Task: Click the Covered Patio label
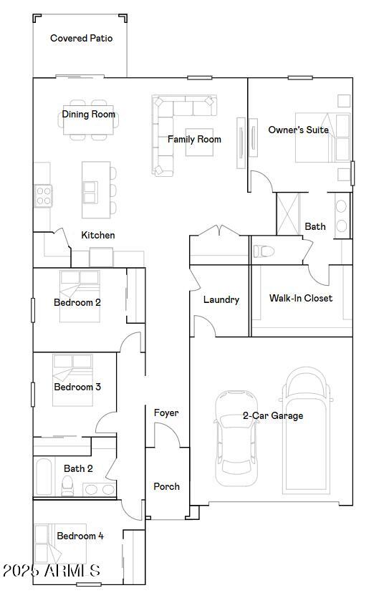pyautogui.click(x=81, y=38)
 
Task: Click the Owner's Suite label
pyautogui.click(x=298, y=130)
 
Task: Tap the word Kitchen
pyautogui.click(x=97, y=235)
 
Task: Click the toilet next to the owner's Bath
pyautogui.click(x=263, y=251)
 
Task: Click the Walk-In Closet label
pyautogui.click(x=300, y=298)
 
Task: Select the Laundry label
pyautogui.click(x=221, y=299)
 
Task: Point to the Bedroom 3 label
pyautogui.click(x=77, y=387)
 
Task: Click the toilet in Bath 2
pyautogui.click(x=67, y=487)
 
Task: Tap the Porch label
pyautogui.click(x=166, y=486)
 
